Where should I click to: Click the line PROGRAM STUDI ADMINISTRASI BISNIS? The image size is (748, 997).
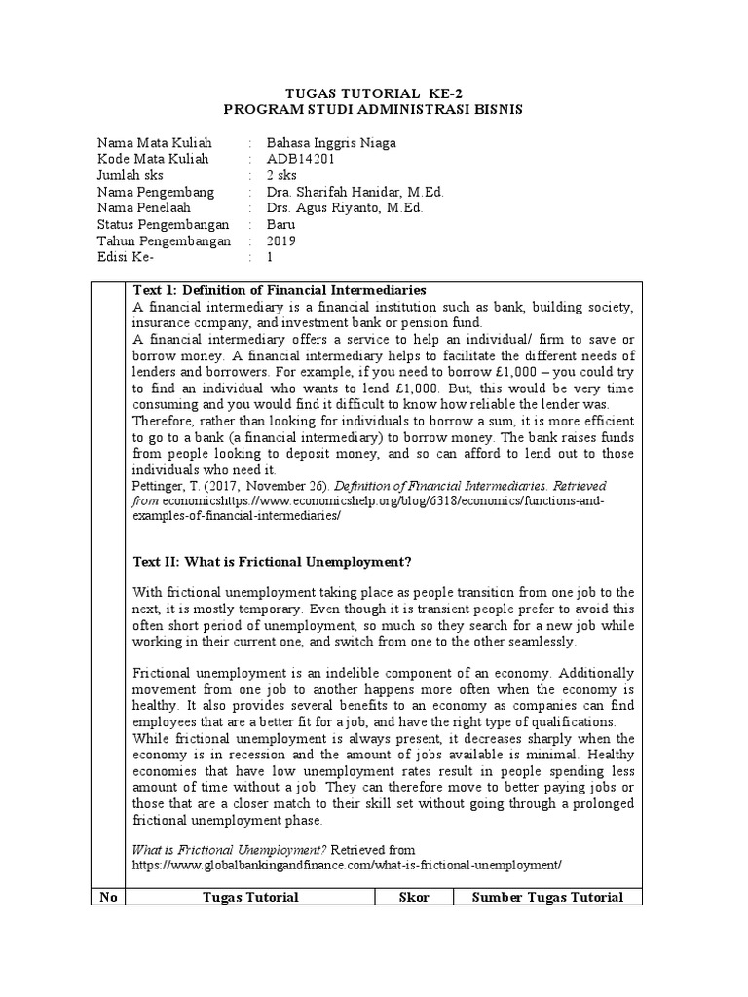pos(373,110)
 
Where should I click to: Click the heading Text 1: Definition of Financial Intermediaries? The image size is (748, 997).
pos(279,291)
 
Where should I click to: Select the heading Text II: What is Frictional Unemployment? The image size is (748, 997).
pos(272,562)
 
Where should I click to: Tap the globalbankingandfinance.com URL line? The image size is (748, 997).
pos(347,865)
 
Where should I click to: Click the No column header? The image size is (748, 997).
pos(108,897)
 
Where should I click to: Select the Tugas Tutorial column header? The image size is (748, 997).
pos(250,897)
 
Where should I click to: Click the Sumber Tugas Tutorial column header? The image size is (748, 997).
pos(548,897)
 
